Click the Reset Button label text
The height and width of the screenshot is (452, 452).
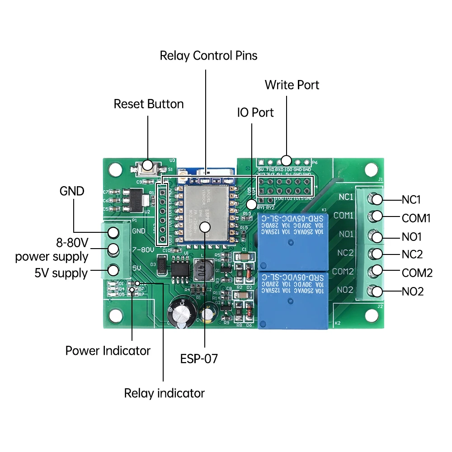tap(148, 104)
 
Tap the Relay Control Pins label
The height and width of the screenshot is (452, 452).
tap(208, 56)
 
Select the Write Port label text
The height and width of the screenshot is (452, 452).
tap(292, 85)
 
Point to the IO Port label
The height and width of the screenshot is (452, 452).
tap(255, 112)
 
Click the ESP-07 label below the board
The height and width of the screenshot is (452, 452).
tap(199, 359)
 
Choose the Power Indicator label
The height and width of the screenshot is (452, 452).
tap(108, 351)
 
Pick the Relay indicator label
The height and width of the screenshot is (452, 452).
tap(164, 393)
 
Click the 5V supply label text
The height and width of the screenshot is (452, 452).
tap(61, 273)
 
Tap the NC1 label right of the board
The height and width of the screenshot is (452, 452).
tap(411, 199)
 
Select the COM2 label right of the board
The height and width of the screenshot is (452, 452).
tap(417, 273)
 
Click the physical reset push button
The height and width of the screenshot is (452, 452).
tap(148, 166)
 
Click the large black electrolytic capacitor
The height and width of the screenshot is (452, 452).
tap(182, 311)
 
